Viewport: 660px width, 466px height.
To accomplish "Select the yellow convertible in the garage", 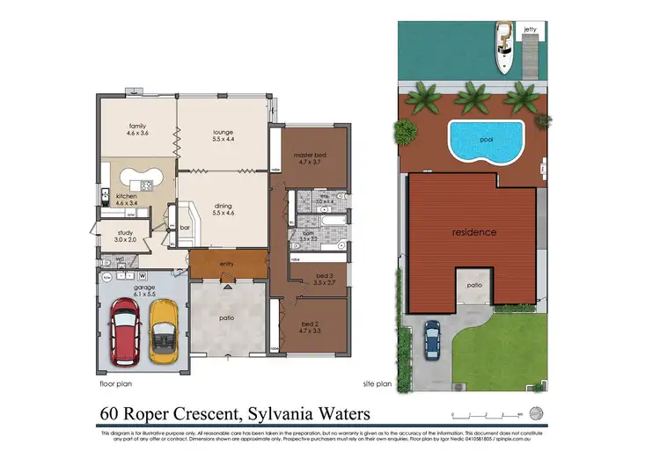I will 163,331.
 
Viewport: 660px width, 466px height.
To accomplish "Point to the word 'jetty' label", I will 530,29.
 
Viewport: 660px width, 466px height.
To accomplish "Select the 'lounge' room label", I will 222,133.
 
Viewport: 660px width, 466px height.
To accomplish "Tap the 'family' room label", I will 136,126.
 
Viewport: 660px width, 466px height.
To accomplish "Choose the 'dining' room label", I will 222,206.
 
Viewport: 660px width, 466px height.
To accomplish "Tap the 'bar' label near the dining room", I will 185,227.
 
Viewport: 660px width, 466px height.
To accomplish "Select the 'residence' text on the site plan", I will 474,232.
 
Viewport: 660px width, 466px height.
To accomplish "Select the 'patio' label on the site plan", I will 473,285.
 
